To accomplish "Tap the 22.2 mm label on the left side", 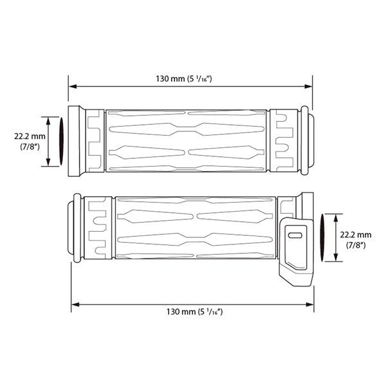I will [x=28, y=136].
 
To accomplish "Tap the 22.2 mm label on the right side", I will [x=355, y=235].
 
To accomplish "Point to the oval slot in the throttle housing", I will [x=296, y=237].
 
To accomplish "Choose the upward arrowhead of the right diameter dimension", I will [x=335, y=216].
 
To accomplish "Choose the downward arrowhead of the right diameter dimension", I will [x=335, y=261].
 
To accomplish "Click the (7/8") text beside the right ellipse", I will [x=355, y=245].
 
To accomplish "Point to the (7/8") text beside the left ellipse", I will [x=28, y=147].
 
